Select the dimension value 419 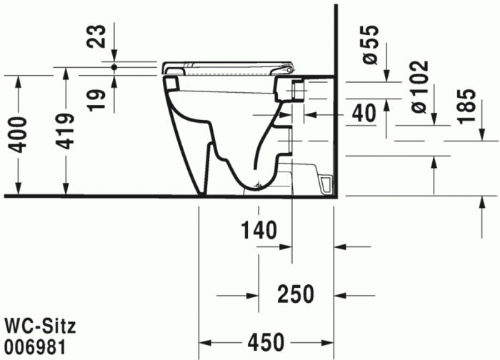click(x=66, y=131)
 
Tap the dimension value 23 click(x=99, y=36)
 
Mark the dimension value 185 click(x=465, y=106)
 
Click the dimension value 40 click(x=364, y=114)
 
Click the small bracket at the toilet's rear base click(x=326, y=185)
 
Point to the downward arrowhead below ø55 click(x=386, y=76)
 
